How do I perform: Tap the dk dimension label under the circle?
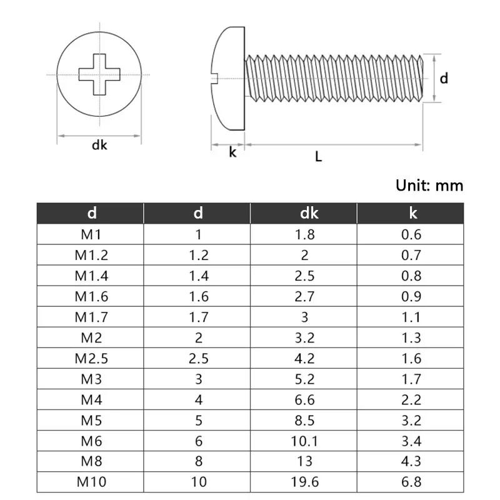pos(99,145)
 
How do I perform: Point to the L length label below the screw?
pos(318,157)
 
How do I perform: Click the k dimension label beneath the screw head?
pos(232,152)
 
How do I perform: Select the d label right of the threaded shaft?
pos(444,78)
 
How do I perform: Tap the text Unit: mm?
pos(429,185)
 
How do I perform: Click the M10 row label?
pos(91,482)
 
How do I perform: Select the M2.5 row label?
pos(91,358)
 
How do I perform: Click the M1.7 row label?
pos(91,317)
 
